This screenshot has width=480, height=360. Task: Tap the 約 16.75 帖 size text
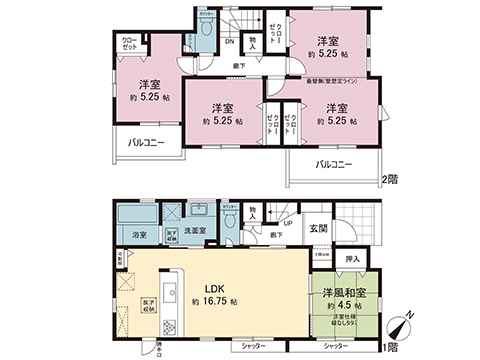[214, 301]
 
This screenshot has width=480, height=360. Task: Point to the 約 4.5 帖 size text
[346, 307]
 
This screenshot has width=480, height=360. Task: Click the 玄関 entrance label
[317, 230]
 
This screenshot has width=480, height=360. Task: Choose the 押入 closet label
[351, 260]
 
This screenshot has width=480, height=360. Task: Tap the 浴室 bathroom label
[138, 236]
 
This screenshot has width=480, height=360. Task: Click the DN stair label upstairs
[229, 41]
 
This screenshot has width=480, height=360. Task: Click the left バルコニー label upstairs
[146, 143]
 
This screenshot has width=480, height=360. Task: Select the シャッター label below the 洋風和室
[334, 346]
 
